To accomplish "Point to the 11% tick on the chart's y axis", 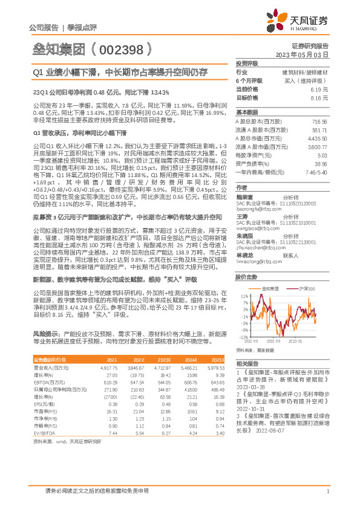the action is coord(244,296).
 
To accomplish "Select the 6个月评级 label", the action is coord(249,80).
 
